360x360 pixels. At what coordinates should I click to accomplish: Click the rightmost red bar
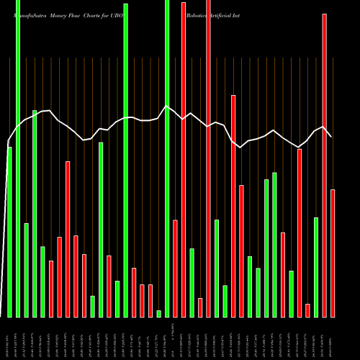(x=333, y=253)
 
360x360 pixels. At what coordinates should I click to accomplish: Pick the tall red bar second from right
(x=324, y=165)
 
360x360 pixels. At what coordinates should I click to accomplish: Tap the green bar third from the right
(x=316, y=267)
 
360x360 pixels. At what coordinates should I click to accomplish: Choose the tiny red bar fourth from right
(x=307, y=310)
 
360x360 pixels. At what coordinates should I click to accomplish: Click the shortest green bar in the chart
(x=158, y=313)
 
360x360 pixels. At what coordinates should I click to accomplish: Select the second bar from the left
(x=18, y=158)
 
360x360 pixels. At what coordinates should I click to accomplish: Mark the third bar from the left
(x=26, y=270)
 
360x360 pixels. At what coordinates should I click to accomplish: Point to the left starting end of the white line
(x=8, y=142)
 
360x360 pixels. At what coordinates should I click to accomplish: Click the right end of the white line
(x=331, y=136)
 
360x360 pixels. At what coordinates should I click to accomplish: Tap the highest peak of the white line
(x=166, y=107)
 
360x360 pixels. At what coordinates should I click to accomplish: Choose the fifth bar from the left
(x=42, y=282)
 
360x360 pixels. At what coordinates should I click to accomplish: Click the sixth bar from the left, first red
(x=51, y=289)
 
